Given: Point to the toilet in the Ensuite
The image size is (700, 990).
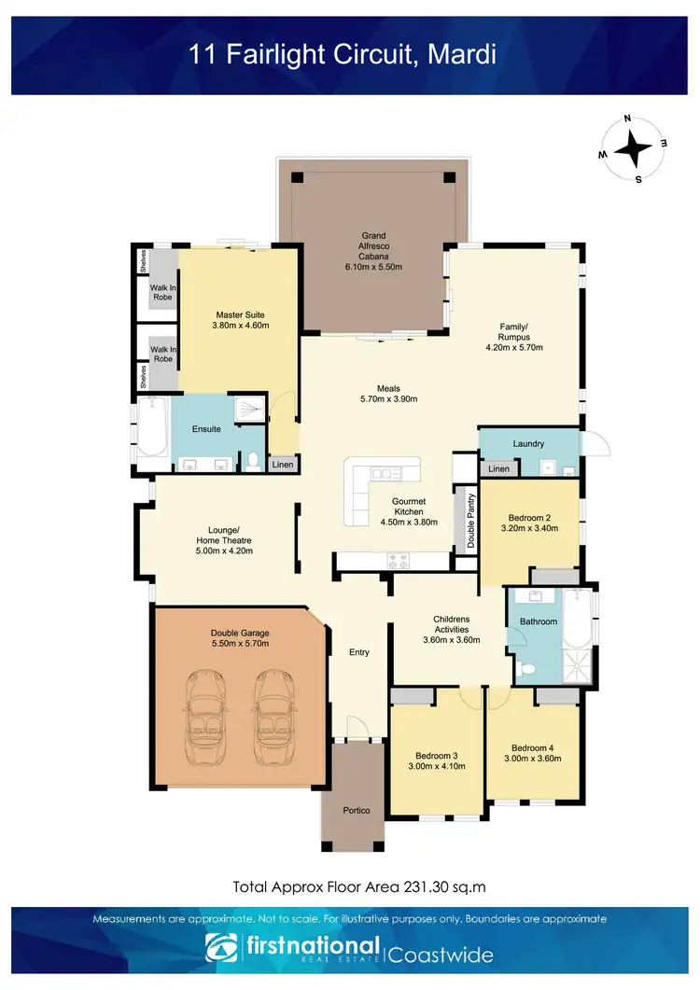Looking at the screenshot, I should click(252, 460).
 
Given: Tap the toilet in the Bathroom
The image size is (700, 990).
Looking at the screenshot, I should click(528, 669).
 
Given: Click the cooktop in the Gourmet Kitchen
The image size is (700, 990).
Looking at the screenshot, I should click(399, 561).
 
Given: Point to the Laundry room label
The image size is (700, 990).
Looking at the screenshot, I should click(528, 443).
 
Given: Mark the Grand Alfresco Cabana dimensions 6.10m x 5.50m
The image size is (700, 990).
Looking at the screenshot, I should click(373, 267).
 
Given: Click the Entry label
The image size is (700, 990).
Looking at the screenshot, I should click(359, 652).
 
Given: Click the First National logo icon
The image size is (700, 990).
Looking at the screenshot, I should click(221, 947).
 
